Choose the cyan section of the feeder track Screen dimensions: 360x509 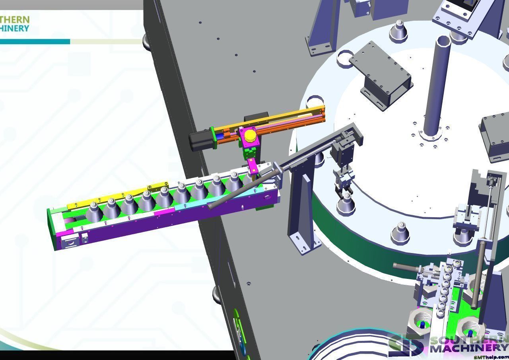[223, 201]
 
